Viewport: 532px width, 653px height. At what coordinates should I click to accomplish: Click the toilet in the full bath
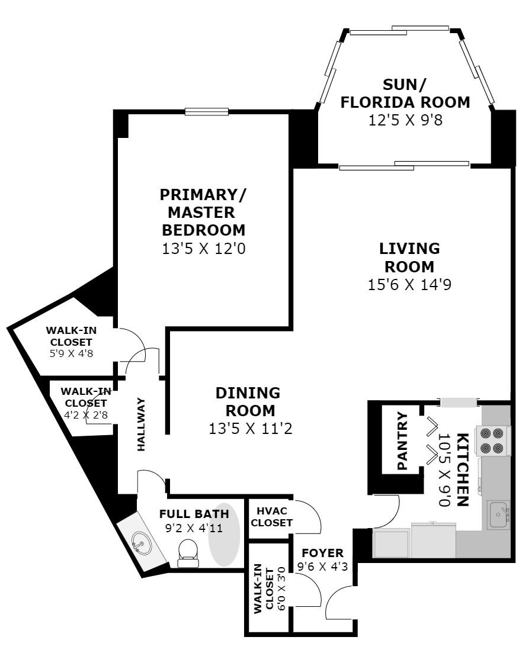[x=188, y=552]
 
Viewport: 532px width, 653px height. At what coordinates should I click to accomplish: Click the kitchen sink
[x=498, y=513]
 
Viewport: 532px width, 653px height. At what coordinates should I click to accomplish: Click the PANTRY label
[x=403, y=441]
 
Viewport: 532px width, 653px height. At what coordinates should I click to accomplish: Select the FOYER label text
[x=322, y=553]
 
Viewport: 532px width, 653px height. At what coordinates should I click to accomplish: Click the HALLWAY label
[x=142, y=424]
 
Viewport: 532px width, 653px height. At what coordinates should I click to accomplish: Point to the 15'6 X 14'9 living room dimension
[x=410, y=285]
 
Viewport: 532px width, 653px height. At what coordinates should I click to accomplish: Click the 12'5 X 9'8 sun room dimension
[x=405, y=120]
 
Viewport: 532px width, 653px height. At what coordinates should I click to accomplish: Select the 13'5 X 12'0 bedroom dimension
[x=203, y=249]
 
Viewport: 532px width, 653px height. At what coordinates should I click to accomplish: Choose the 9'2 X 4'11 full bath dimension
[x=194, y=528]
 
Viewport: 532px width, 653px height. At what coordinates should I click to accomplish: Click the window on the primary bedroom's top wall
[x=206, y=111]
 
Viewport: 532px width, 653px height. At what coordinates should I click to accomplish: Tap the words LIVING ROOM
[x=410, y=257]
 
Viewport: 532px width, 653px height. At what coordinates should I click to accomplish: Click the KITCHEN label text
[x=464, y=469]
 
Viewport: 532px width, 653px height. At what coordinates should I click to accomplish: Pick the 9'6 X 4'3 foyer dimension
[x=322, y=566]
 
